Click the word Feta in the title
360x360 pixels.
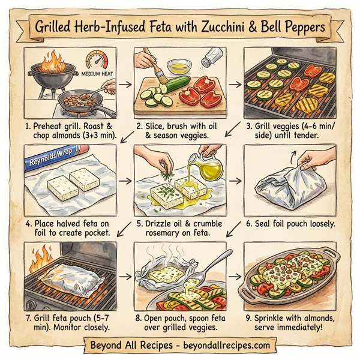tap(172, 28)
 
